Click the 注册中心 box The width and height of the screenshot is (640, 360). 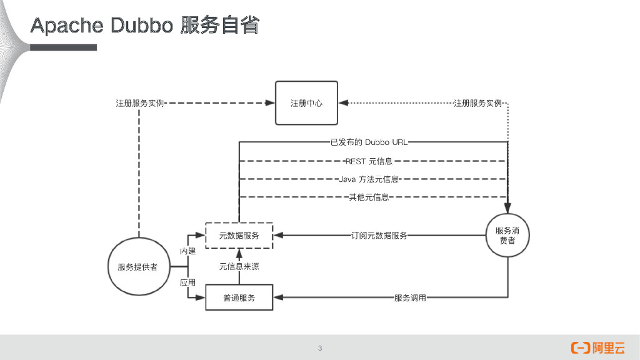[x=306, y=103]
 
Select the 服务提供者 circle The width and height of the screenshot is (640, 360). [x=137, y=267]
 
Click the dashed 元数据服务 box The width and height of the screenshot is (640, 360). [x=239, y=236]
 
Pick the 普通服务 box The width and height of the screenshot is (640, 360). [x=239, y=297]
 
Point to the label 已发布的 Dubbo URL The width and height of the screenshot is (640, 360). [x=369, y=142]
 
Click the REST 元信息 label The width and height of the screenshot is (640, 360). [x=369, y=161]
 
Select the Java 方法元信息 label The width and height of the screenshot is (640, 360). [x=369, y=179]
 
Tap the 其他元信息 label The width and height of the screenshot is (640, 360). [x=369, y=197]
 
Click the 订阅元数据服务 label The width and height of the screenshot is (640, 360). [x=379, y=236]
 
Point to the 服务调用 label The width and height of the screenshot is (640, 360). [x=410, y=297]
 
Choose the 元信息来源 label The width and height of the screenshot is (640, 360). [x=239, y=267]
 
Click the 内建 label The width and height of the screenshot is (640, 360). [x=187, y=251]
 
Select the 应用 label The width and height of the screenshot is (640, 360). [x=187, y=282]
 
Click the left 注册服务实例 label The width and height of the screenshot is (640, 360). [x=139, y=103]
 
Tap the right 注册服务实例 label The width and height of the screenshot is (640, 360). [x=477, y=103]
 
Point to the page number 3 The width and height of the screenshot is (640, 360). [x=320, y=348]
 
